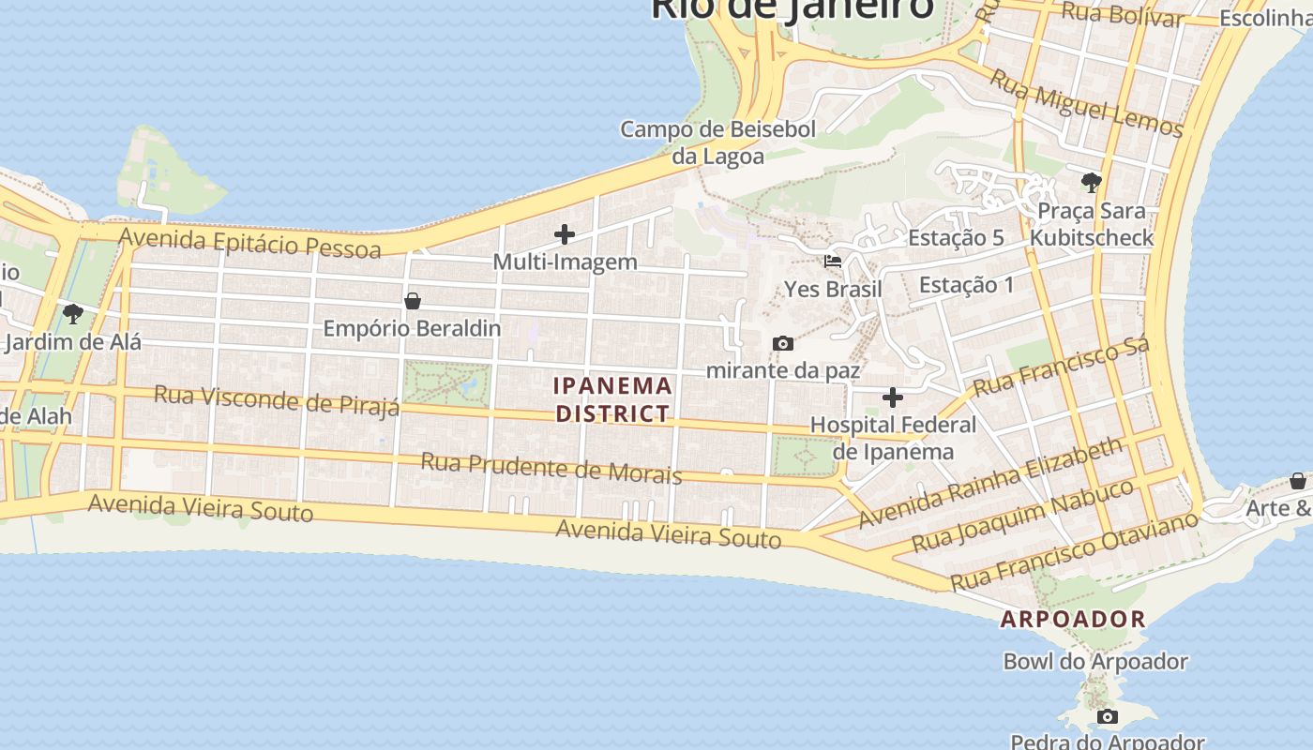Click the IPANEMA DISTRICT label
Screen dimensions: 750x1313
tap(613, 399)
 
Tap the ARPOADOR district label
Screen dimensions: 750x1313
tap(1073, 619)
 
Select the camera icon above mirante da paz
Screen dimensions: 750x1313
tap(782, 344)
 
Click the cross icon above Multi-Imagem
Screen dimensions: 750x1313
tap(565, 234)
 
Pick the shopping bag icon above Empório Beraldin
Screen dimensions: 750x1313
tap(412, 301)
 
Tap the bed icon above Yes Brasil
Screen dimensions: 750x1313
tap(833, 262)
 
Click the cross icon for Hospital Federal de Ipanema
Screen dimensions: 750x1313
tap(893, 397)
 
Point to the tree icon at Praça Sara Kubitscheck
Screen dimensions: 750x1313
tap(1091, 182)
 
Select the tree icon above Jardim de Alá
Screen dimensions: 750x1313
tap(72, 313)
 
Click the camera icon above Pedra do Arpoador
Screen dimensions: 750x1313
tap(1108, 717)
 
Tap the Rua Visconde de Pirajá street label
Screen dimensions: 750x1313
tap(277, 399)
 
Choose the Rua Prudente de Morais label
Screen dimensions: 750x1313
tap(551, 467)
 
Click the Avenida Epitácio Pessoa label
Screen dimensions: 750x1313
tap(250, 242)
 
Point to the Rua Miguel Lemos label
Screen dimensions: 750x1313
tap(1087, 103)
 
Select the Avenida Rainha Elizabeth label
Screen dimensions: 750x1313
tap(990, 482)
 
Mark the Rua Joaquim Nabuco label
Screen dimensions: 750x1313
tap(1023, 517)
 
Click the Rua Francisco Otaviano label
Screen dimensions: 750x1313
tap(1075, 550)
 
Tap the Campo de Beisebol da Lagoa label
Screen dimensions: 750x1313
tap(718, 142)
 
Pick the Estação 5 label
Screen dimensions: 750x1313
tap(956, 238)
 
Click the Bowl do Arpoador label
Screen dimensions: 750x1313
tap(1095, 662)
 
